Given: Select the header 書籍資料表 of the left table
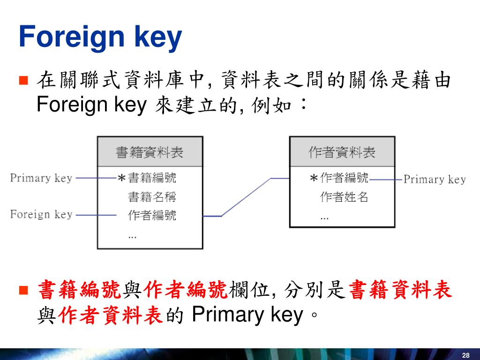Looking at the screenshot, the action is click(x=150, y=152).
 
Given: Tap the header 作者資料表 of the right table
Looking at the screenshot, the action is click(x=342, y=152).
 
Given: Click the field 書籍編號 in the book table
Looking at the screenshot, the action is click(x=152, y=178).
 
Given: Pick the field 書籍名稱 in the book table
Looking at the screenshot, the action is click(x=152, y=196).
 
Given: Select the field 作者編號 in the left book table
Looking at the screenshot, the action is click(x=152, y=215).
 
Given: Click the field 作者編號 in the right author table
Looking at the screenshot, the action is click(x=345, y=178).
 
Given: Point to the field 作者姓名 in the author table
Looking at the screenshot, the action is click(x=345, y=197).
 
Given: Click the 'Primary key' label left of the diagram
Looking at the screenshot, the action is click(x=41, y=178).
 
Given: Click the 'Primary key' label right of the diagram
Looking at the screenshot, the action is click(x=435, y=179).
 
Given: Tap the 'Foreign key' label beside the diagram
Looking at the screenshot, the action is click(x=41, y=215).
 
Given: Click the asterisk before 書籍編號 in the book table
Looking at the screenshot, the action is click(x=121, y=179).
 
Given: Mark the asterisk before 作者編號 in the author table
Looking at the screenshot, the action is click(x=314, y=179).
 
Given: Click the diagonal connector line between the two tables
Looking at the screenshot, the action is click(x=246, y=197).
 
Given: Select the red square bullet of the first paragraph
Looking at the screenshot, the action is click(x=24, y=80).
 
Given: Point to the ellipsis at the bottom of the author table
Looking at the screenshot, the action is click(x=324, y=217).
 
